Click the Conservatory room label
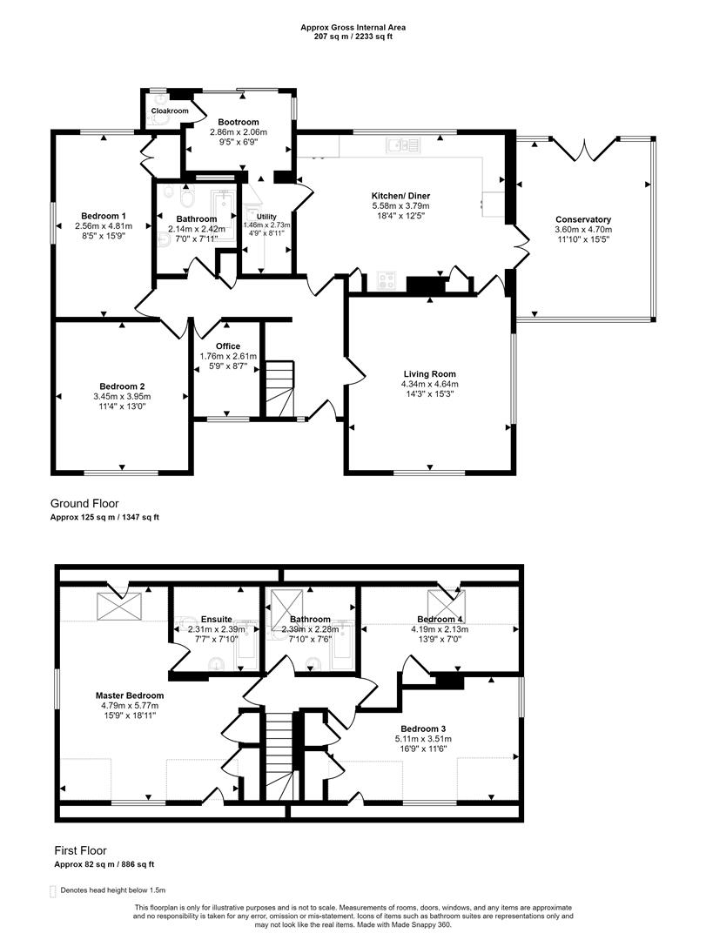tap(583, 219)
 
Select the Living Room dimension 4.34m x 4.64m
tap(429, 384)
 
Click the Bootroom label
tap(239, 122)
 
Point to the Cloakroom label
tap(170, 111)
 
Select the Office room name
tap(227, 346)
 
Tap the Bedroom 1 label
tap(104, 216)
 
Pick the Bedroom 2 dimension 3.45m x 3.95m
tap(122, 396)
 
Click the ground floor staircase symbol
tap(280, 389)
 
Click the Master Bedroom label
tap(129, 695)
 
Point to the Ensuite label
tap(215, 619)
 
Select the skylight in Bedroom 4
tap(447, 602)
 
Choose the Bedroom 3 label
tap(422, 728)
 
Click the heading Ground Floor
tap(84, 503)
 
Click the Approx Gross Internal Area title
tap(353, 28)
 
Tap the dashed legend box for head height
tap(54, 890)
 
